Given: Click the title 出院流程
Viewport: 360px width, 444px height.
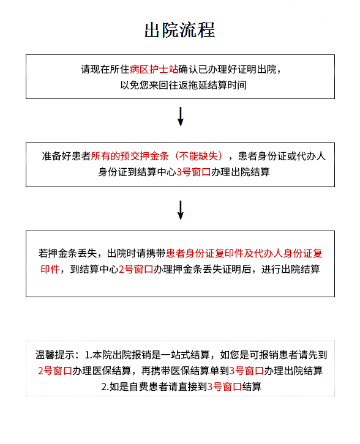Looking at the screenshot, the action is pos(180,30).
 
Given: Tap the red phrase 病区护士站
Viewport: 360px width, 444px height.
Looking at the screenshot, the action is pos(154,69).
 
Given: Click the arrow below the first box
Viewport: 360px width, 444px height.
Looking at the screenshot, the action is pos(180,116).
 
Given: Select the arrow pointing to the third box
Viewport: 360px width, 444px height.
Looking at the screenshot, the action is pos(180,210).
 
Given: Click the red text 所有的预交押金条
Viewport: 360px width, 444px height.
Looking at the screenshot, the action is pos(130,156).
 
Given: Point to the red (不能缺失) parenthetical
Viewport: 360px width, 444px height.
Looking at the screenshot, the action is pos(199,156).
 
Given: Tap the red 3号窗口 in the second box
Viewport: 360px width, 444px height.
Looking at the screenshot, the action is pos(193,172).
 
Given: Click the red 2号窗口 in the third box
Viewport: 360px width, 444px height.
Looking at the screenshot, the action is pos(136,269).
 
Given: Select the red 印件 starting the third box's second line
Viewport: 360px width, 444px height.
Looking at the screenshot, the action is pos(50,269).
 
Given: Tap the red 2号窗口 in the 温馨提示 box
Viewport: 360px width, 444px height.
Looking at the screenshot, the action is pos(55,371).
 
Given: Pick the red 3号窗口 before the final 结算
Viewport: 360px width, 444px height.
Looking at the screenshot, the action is pos(224,387).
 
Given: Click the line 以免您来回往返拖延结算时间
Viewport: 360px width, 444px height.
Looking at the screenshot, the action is pos(183,85).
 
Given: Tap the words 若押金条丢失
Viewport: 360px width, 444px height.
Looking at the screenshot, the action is pos(67,253).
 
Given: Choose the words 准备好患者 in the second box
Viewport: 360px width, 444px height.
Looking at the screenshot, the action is pos(66,156).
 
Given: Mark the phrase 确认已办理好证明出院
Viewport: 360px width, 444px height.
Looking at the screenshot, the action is pos(227,69).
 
